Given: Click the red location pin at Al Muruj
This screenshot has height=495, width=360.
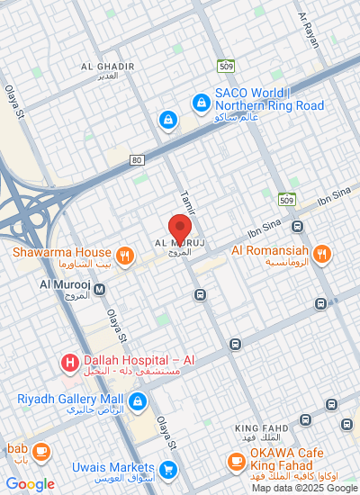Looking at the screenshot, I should (x=180, y=226).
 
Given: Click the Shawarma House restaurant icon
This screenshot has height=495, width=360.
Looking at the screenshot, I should (x=125, y=255).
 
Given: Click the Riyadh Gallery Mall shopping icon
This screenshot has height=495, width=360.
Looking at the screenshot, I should (x=138, y=401).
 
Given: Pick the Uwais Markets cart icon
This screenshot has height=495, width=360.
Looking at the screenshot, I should (x=167, y=469).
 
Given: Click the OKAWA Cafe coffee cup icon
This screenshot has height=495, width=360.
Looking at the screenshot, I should (x=236, y=462).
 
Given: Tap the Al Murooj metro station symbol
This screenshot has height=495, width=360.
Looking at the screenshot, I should (x=99, y=289).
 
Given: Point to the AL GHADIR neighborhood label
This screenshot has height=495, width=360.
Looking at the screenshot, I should (x=107, y=67).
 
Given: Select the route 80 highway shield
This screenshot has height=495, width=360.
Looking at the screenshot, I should (x=136, y=160).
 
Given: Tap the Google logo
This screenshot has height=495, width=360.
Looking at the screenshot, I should (x=30, y=484).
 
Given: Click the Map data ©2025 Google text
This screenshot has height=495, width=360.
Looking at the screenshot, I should (x=304, y=488).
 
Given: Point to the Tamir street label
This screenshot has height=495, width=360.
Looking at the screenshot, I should (x=187, y=201).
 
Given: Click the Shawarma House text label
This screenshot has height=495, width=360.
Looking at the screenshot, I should (x=62, y=253).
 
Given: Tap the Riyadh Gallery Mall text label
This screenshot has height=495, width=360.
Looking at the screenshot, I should (x=70, y=399).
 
